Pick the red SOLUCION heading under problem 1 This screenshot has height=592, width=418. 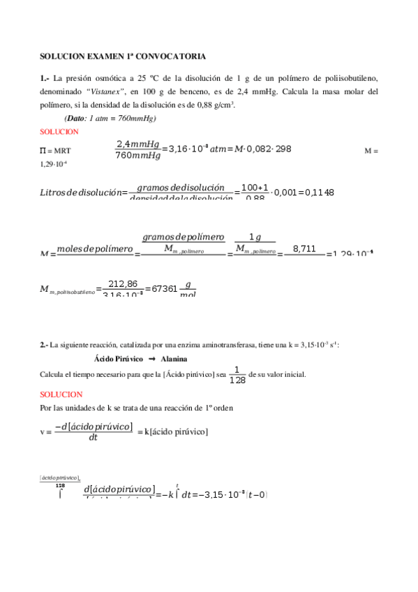pos(59,131)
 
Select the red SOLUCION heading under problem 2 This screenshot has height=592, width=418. pos(61,394)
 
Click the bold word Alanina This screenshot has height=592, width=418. pos(173,358)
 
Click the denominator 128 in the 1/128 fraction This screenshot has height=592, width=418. pos(237,380)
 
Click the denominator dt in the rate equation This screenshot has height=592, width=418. pos(93,438)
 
